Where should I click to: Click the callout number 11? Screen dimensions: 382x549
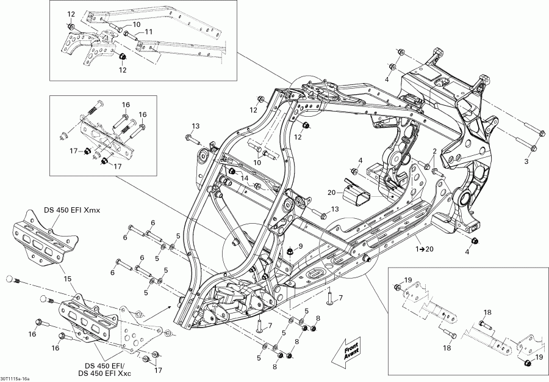[x=148, y=32]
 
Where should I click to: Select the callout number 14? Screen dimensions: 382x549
[x=245, y=178]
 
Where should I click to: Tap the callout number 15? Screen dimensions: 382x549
[x=68, y=278]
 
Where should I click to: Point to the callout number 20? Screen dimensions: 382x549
[x=331, y=192]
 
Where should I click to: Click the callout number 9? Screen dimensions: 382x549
[x=300, y=246]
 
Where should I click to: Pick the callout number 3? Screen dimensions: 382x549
[x=526, y=161]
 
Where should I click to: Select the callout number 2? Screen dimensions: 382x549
[x=435, y=152]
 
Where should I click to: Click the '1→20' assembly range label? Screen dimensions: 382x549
[x=425, y=249]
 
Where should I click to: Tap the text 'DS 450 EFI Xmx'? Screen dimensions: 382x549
[x=71, y=211]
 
